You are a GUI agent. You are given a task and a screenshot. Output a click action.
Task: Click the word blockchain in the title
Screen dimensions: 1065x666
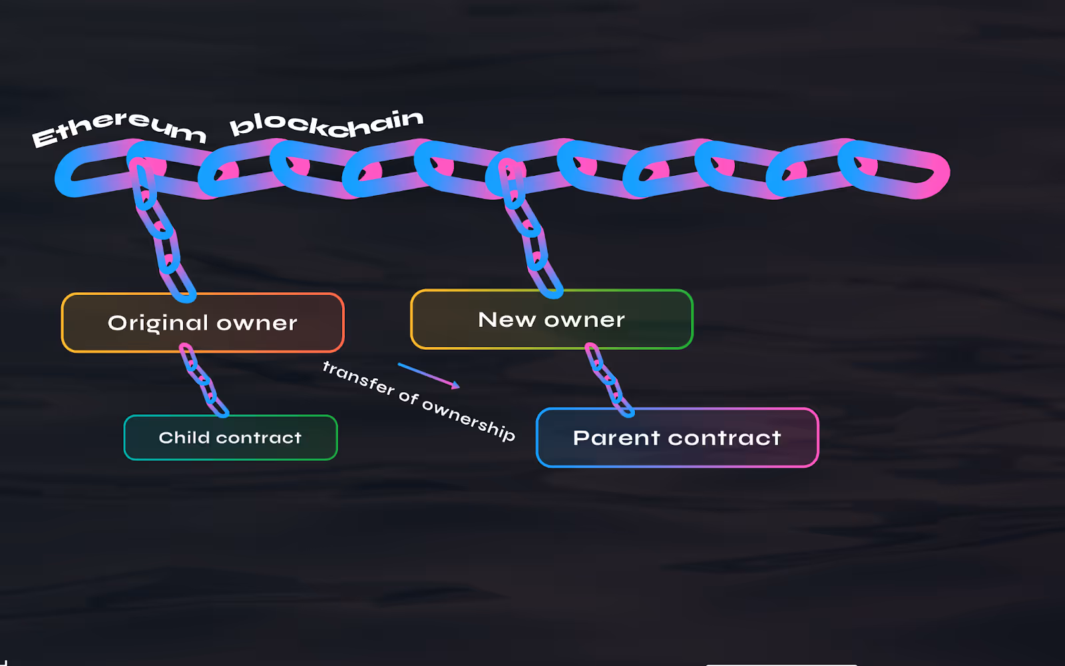[326, 124]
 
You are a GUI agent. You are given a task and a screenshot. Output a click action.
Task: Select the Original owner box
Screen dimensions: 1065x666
[202, 323]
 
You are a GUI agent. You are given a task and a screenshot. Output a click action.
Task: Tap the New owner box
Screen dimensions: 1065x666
[551, 320]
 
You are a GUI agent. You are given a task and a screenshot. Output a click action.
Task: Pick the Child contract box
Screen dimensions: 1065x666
[230, 438]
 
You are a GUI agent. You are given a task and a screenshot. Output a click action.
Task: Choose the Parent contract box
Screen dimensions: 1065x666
[677, 438]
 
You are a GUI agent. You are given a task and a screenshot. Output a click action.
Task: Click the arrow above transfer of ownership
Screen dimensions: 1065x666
[429, 375]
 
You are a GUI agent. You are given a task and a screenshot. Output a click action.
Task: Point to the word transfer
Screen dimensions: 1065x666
[358, 378]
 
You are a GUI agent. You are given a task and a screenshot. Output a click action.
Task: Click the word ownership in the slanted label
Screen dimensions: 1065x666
[469, 419]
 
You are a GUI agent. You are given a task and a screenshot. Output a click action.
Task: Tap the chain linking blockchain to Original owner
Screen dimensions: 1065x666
[162, 240]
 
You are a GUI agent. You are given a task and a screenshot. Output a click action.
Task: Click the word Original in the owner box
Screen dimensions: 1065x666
[158, 323]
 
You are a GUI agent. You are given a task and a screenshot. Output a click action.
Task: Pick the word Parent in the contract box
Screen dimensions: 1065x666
[616, 438]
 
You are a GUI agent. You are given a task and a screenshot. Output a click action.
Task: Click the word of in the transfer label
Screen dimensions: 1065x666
[408, 397]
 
